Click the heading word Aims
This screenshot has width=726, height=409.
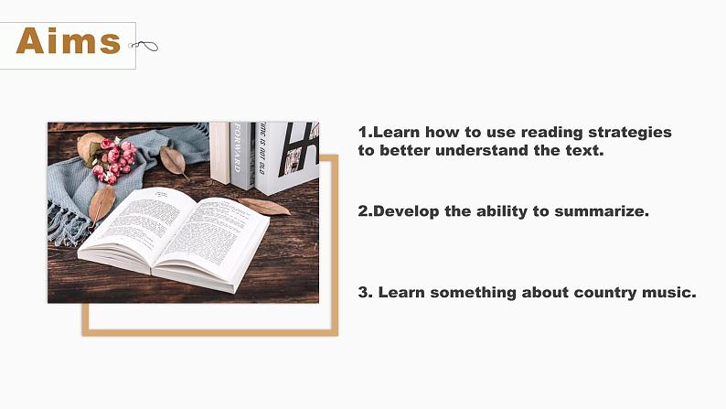tap(69, 41)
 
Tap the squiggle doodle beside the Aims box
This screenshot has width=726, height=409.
tap(144, 46)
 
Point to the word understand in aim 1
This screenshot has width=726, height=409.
tap(482, 150)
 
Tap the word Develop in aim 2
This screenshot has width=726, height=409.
tap(406, 211)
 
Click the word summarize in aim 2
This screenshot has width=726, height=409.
tap(602, 211)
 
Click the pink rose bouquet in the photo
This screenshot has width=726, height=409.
tap(112, 160)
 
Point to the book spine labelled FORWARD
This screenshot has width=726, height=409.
tap(242, 156)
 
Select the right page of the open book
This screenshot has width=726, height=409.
tap(213, 236)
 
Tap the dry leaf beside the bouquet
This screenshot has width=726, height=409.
tap(173, 160)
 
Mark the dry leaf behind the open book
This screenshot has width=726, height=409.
tap(265, 206)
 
